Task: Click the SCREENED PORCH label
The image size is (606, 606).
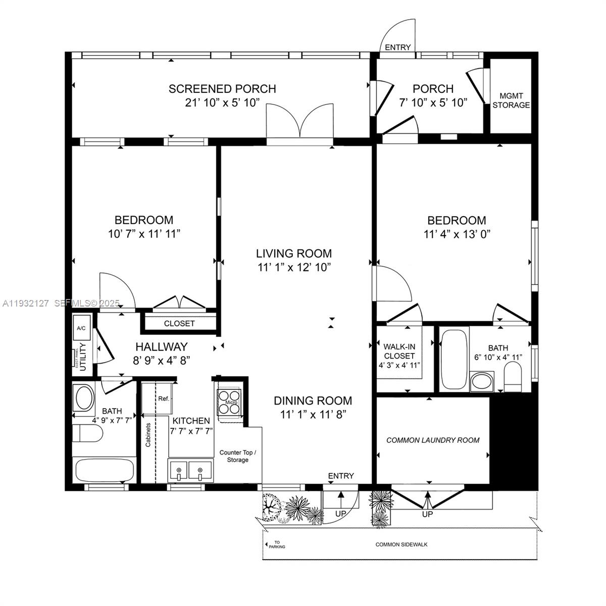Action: [222, 89]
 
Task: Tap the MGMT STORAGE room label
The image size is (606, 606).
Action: [511, 100]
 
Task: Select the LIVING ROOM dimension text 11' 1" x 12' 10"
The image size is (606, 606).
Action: [293, 267]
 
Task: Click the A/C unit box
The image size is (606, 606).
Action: [81, 328]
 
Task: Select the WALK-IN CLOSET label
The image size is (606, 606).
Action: [399, 351]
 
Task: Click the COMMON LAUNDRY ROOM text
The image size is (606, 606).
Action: [433, 440]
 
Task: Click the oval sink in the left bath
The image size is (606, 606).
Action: [84, 398]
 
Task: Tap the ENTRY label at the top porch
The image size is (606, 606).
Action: [398, 47]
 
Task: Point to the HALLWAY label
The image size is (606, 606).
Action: [161, 347]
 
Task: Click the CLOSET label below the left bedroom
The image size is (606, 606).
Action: [179, 323]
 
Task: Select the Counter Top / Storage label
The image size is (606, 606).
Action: [237, 456]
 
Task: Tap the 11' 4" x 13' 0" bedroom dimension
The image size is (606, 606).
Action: [457, 234]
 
